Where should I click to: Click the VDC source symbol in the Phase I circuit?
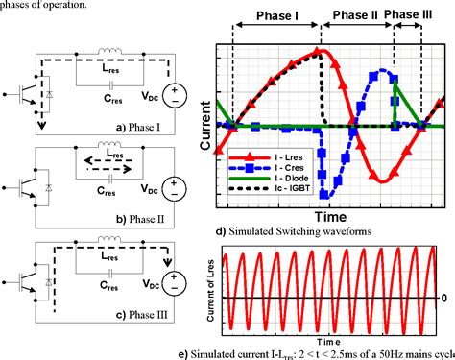175,94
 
